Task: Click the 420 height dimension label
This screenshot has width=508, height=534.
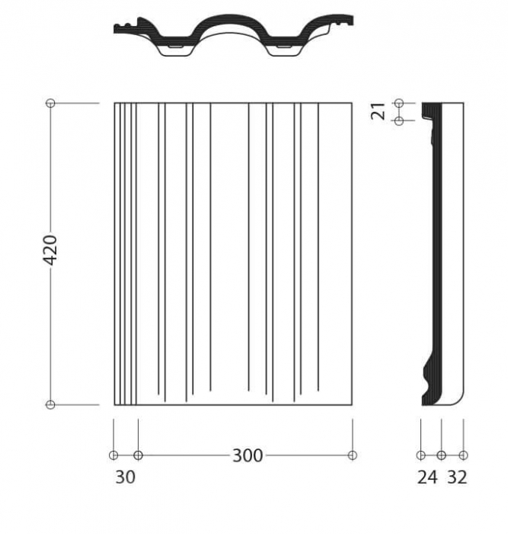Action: coord(51,250)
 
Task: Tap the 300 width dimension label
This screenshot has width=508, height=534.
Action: coord(248,455)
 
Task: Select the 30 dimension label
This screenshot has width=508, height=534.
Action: coord(126,477)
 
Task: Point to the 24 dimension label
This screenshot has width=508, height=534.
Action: coord(427,477)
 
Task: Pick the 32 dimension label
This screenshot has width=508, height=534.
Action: coord(457,477)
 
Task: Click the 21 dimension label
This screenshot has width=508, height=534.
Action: coord(378,111)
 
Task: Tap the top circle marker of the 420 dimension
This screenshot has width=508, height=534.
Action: coord(50,103)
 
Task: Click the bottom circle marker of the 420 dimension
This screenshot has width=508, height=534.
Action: coord(50,404)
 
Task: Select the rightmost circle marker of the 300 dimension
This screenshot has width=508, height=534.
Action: coord(353,455)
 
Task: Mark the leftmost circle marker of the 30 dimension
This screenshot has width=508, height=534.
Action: coord(113,455)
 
